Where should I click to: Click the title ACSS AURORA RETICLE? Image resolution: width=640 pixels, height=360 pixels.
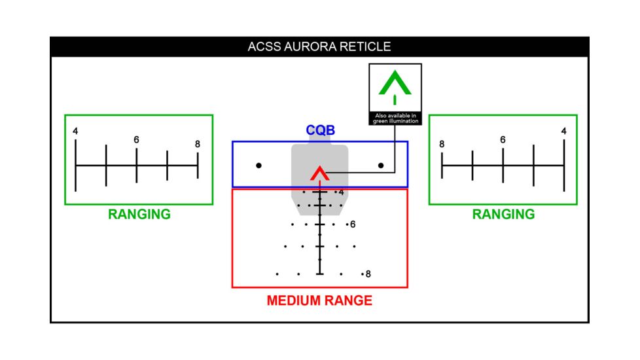(x=319, y=47)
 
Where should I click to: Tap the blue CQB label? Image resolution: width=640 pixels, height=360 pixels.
(x=320, y=131)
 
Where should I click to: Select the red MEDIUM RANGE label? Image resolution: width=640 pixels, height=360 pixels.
(x=319, y=301)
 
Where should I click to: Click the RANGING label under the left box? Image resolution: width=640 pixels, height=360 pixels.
(x=139, y=214)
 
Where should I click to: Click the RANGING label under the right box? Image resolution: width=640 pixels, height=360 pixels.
(x=503, y=214)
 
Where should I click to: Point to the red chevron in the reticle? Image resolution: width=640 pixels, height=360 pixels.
(x=319, y=173)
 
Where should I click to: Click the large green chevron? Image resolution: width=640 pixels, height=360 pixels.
(x=395, y=84)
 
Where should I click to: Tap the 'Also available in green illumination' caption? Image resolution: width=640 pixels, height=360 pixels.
(x=395, y=118)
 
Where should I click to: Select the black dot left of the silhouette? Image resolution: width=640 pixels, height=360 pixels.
(x=259, y=166)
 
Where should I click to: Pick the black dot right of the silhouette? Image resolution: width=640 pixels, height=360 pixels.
(x=381, y=166)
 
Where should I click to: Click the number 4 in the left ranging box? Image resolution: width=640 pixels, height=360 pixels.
(x=75, y=132)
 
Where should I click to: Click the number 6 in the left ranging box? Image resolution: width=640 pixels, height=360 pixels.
(x=136, y=140)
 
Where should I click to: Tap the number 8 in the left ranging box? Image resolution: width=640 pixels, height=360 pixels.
(x=197, y=145)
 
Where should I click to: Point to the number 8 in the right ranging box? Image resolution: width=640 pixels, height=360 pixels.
(x=442, y=145)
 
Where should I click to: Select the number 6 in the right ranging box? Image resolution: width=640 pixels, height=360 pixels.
(x=503, y=140)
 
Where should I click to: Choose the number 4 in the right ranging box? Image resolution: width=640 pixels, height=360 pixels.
(x=563, y=132)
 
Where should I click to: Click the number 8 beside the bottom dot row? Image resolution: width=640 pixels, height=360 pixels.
(x=368, y=274)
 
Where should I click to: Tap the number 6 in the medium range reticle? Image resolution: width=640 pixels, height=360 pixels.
(x=353, y=225)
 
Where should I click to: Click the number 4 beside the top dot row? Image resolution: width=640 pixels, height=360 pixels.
(x=342, y=192)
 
